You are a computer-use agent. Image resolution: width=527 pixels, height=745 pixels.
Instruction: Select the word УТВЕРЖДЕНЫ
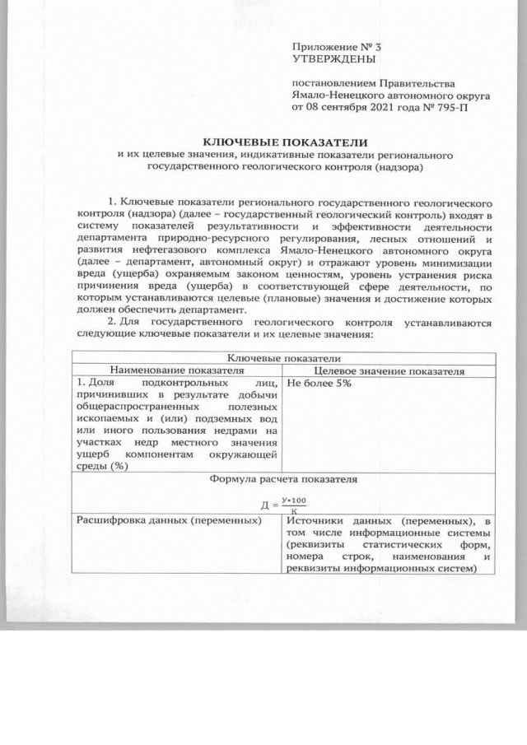tap(333, 59)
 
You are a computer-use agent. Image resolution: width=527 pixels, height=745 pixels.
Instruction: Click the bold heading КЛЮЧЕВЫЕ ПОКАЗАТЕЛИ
tap(285, 142)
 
